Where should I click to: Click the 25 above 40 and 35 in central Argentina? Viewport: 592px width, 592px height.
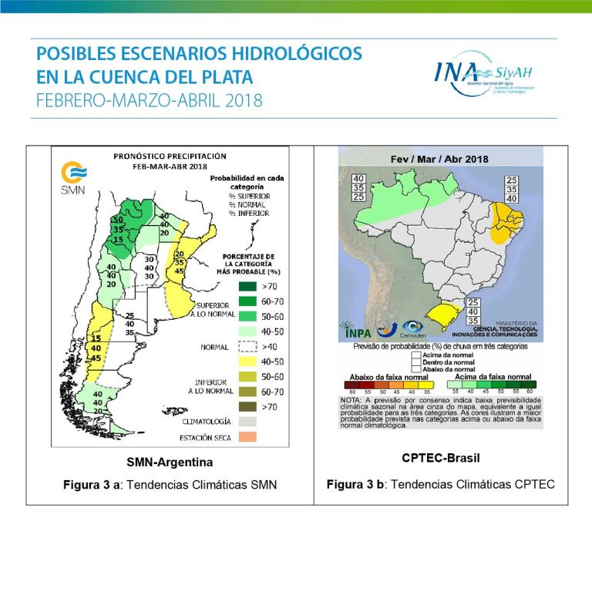[130, 316]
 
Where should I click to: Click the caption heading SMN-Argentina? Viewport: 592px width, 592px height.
[170, 462]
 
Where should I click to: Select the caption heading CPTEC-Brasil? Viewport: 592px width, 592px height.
[441, 458]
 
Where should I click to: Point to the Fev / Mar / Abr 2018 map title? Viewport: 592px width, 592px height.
[440, 159]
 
